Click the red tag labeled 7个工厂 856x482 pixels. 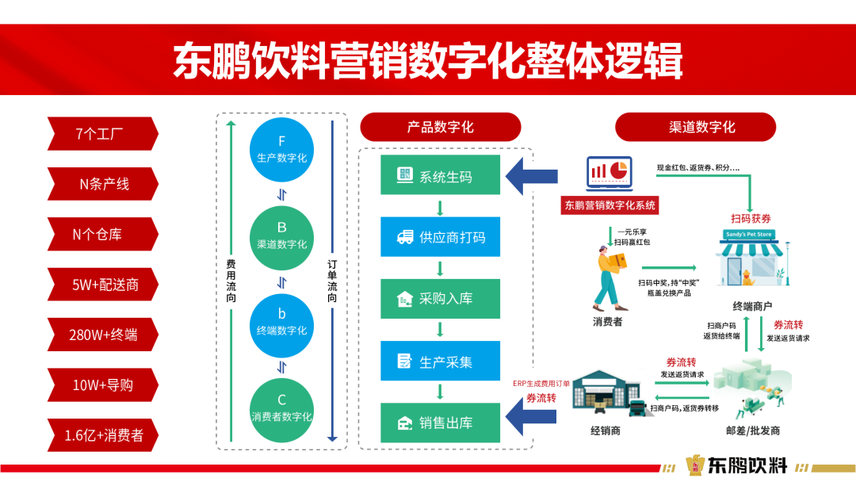tap(102, 134)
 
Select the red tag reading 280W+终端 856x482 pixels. tap(102, 335)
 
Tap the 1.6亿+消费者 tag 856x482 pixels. tap(102, 435)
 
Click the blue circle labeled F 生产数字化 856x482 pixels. tap(281, 150)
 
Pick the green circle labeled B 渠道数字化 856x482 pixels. tap(281, 235)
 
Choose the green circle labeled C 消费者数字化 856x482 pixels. tap(281, 407)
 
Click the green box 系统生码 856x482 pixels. tap(440, 175)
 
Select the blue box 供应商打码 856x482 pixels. tap(440, 236)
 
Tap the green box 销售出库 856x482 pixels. tap(440, 423)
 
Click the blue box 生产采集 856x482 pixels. tap(440, 361)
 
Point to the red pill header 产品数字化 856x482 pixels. tap(440, 127)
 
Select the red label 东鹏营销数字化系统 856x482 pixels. tap(610, 205)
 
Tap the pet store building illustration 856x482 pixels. tap(752, 258)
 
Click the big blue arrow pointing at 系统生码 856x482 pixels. tap(530, 175)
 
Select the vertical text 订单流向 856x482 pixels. tap(333, 282)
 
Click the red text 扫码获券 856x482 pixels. tap(751, 218)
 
